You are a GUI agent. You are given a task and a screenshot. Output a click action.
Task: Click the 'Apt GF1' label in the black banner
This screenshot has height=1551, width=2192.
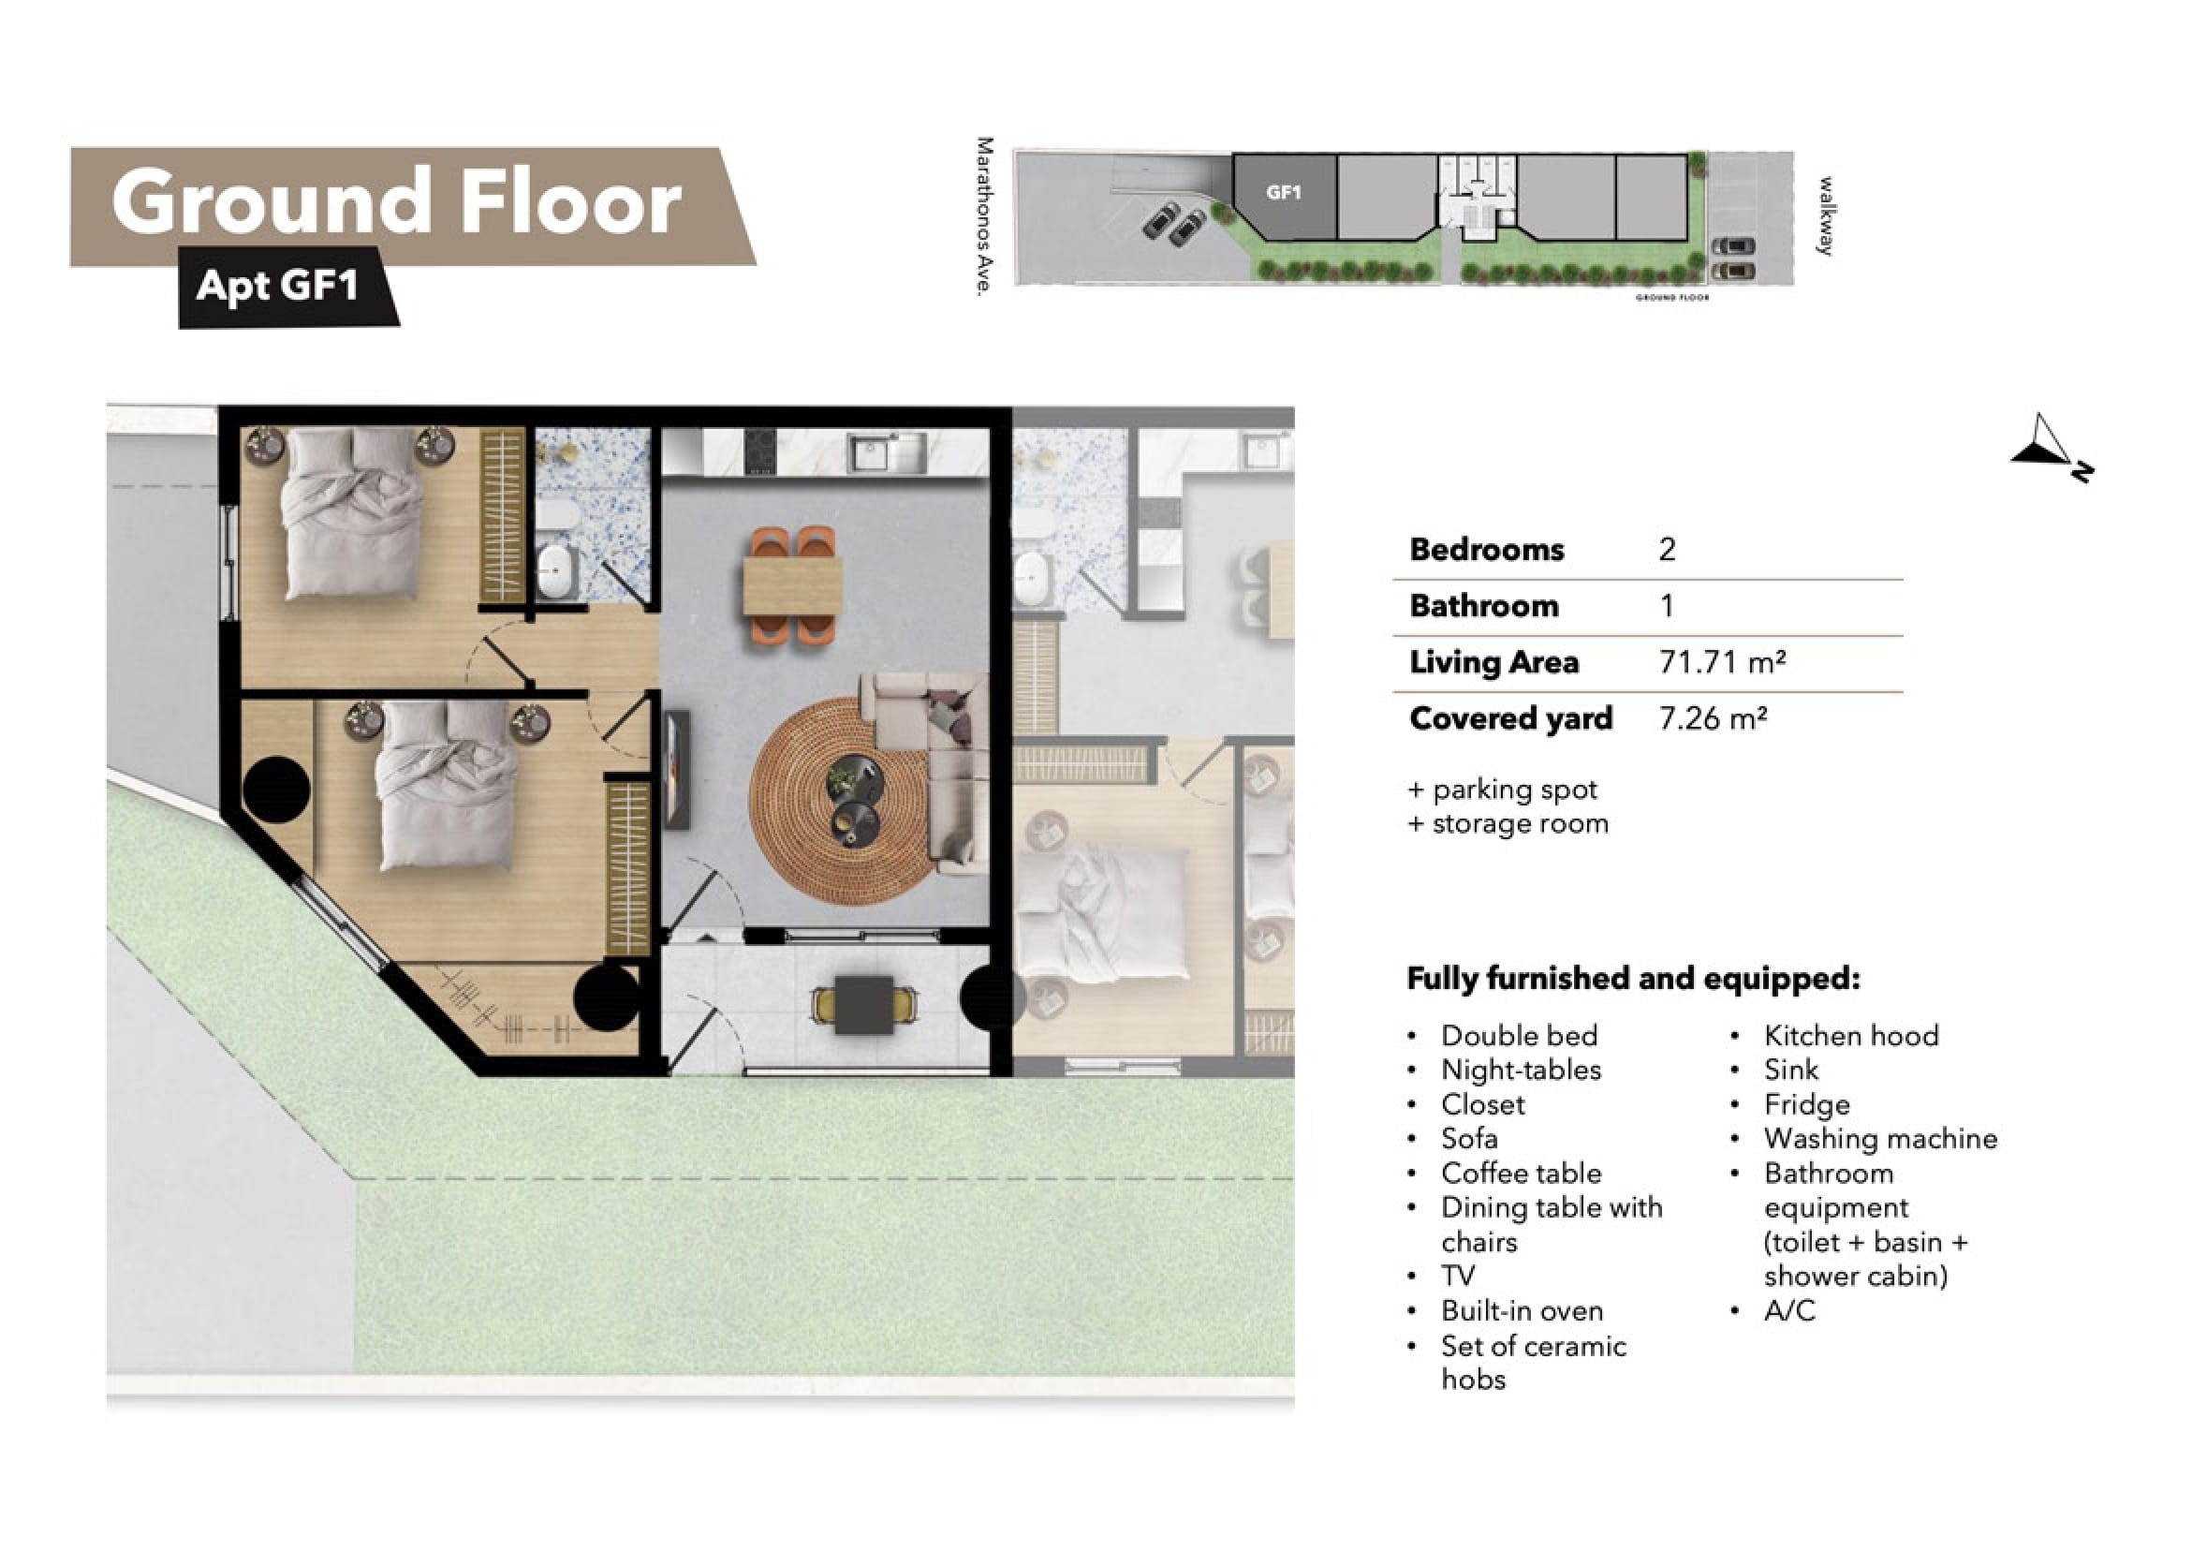click(277, 285)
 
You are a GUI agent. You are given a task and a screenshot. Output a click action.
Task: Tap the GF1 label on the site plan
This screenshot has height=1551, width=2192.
click(1283, 193)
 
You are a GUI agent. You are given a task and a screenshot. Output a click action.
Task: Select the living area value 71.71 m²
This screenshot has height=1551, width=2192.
click(1722, 662)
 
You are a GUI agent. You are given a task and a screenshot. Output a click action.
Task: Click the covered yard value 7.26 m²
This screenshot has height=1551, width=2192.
click(1713, 718)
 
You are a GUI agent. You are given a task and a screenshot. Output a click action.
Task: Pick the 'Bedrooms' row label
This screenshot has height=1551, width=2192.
click(1487, 549)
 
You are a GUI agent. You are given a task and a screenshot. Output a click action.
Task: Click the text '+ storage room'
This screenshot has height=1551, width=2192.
click(1508, 823)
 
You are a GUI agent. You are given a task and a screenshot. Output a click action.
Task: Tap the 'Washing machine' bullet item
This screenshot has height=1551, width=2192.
click(1880, 1138)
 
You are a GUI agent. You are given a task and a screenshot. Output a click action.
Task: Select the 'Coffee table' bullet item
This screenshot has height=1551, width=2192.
click(1521, 1173)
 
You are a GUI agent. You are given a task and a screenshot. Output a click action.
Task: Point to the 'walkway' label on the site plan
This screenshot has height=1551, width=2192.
click(1825, 215)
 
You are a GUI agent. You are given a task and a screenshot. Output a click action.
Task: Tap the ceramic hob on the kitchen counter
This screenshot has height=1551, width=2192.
click(760, 451)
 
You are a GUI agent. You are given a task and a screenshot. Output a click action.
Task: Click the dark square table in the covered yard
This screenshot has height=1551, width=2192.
click(864, 1005)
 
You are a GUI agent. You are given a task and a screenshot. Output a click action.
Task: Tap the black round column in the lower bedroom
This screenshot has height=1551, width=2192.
click(277, 790)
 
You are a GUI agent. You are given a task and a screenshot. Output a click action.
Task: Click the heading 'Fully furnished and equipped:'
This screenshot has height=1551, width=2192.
click(1634, 979)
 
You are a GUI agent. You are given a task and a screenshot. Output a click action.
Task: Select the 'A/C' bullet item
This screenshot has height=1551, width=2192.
click(1789, 1310)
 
